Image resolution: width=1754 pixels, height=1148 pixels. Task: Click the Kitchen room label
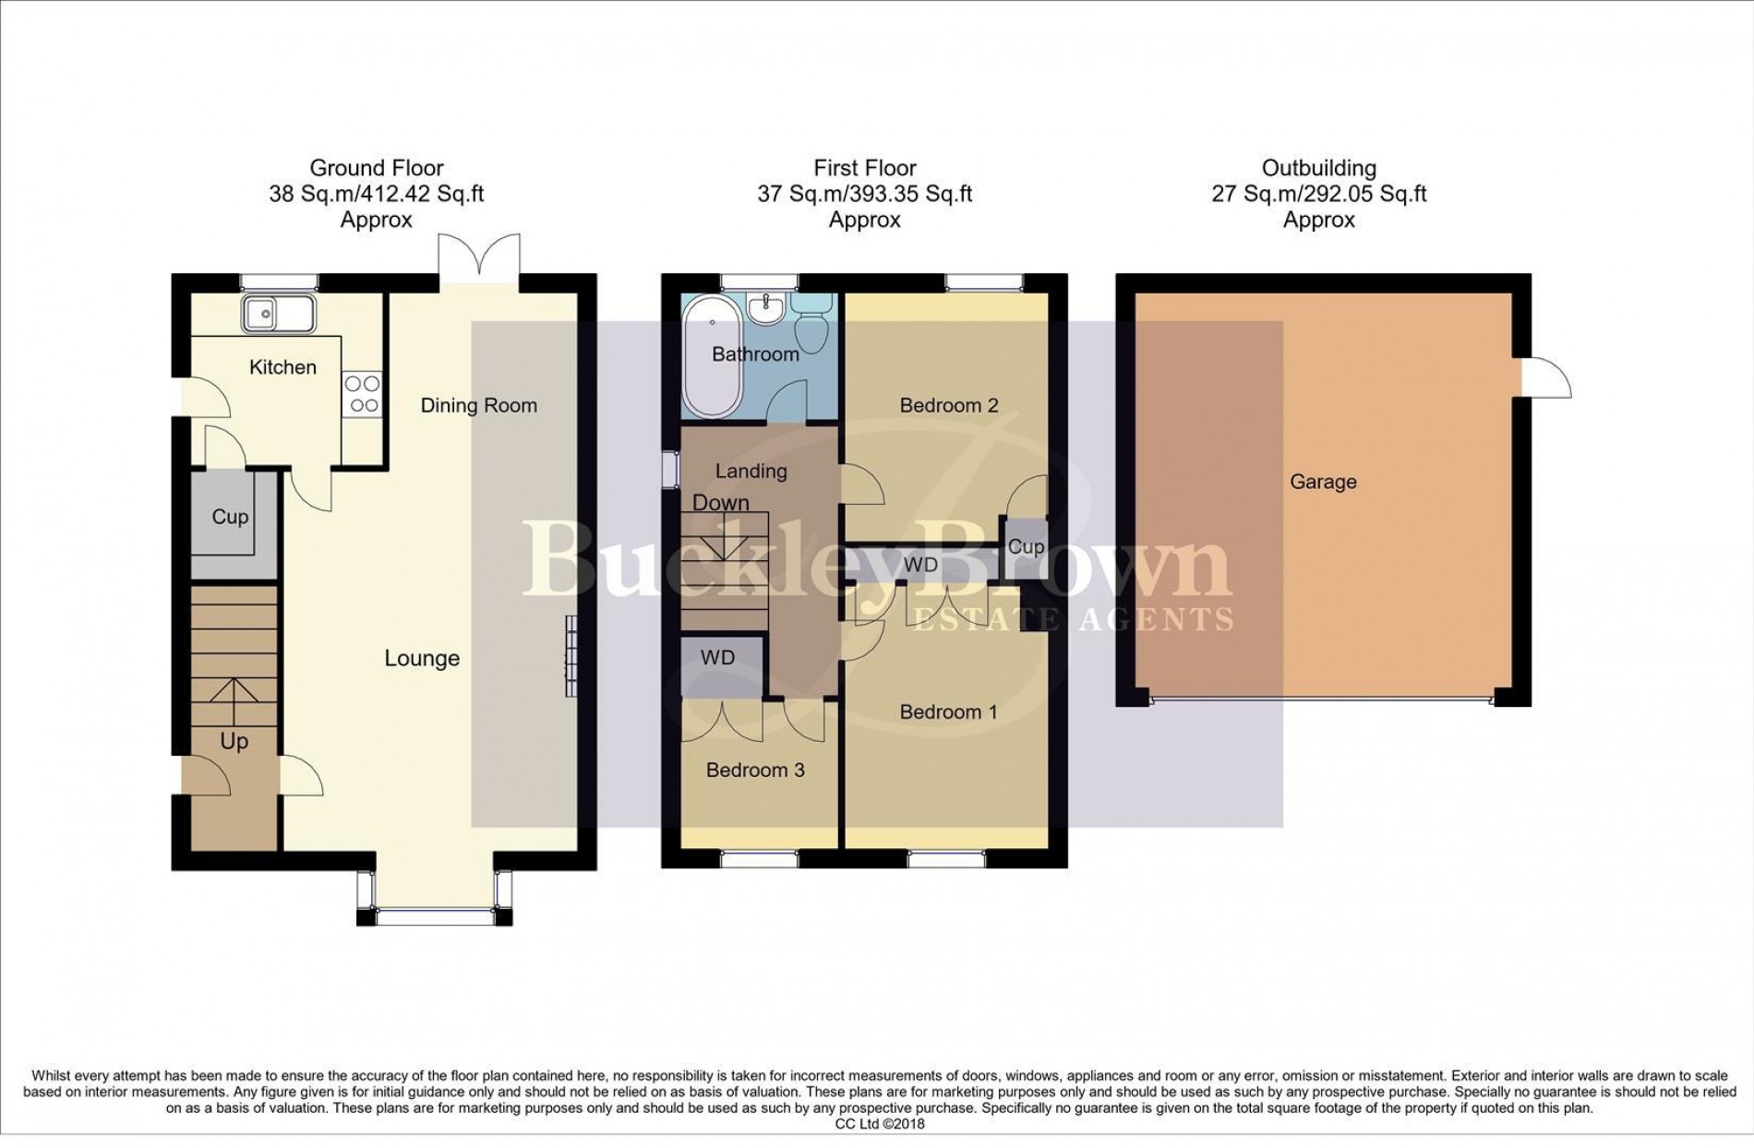(x=282, y=367)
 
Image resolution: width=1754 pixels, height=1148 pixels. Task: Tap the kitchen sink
(x=278, y=314)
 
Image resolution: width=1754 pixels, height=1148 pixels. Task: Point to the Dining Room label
(x=478, y=405)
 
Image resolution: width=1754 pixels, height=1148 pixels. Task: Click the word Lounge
(x=422, y=659)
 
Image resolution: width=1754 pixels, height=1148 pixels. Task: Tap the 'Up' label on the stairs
(x=234, y=742)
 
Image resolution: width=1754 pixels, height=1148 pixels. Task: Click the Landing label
(x=751, y=472)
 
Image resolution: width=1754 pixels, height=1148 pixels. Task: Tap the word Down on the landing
(x=721, y=503)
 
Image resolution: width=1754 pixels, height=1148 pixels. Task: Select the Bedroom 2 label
(x=949, y=405)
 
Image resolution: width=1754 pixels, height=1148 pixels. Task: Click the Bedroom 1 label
(x=948, y=712)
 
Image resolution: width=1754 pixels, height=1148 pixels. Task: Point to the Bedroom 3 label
(x=755, y=771)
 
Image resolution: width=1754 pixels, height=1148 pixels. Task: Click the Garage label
(x=1323, y=482)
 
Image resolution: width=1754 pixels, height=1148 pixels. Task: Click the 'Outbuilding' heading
(x=1318, y=169)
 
